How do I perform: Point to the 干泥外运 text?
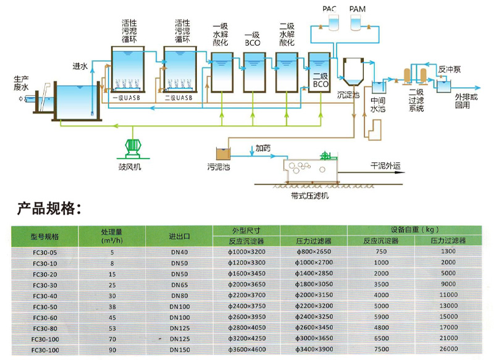pos(386,166)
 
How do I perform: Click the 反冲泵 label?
pos(449,70)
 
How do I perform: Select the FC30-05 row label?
pos(44,252)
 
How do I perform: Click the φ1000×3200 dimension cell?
pos(246,252)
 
